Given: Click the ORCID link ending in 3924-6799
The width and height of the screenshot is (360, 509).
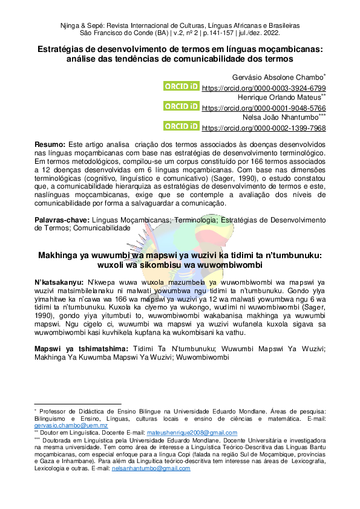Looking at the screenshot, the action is [263, 88].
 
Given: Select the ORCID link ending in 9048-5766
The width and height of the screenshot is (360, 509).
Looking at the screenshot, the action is [263, 108].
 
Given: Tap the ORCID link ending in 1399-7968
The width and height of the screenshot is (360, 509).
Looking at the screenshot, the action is [263, 128].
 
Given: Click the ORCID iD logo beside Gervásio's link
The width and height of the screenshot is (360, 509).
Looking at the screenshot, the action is [181, 86].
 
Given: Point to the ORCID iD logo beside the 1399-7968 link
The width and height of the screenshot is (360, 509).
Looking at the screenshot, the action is [181, 126].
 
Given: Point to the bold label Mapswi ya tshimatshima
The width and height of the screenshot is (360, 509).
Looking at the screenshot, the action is [82, 349].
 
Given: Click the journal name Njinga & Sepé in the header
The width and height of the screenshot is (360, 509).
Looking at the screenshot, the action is [86, 27].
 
